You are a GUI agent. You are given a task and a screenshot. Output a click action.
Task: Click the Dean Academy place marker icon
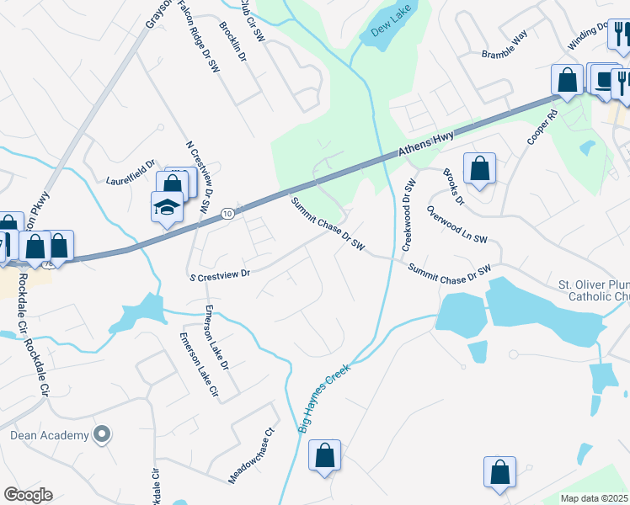coord(102,435)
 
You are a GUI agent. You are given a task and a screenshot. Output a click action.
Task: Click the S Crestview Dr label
coord(221,274)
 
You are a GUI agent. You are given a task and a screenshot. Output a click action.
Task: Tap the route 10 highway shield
coord(229,215)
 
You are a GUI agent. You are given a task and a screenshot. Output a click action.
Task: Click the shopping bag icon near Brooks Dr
coord(479,168)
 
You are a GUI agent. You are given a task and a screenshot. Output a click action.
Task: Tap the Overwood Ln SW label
coord(457,226)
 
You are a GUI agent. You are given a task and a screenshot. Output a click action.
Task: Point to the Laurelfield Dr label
coord(131,173)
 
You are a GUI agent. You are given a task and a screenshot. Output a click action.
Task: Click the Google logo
coord(28,495)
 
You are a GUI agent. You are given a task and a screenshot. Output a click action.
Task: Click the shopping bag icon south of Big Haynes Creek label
coord(324,456)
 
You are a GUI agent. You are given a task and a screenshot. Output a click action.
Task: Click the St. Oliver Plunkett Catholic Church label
coord(593,290)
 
